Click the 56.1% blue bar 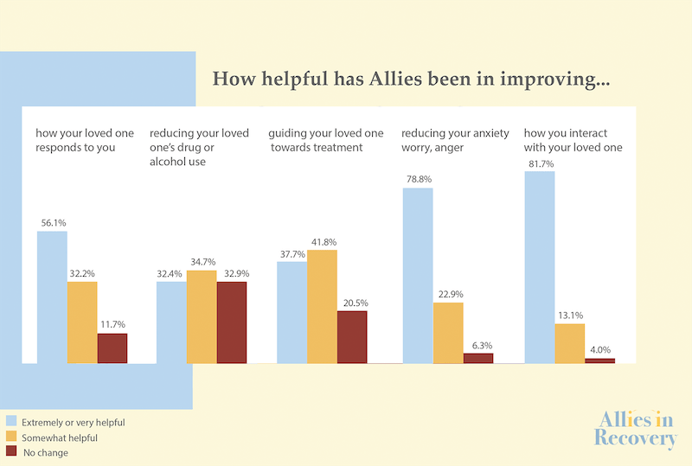point(52,297)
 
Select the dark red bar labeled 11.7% point(112,348)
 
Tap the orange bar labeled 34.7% point(202,316)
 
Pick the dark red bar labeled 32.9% point(232,322)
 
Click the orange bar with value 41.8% point(322,307)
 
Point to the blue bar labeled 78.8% point(418,276)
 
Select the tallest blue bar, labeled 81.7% point(540,267)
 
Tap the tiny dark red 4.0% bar point(600,361)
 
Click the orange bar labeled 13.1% point(570,344)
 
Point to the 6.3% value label point(482,346)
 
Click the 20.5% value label point(356,303)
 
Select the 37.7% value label point(292,254)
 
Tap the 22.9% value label point(451,294)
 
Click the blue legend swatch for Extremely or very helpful point(11,420)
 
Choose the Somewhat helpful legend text point(60,437)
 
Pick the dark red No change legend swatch point(11,451)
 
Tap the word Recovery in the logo point(636,438)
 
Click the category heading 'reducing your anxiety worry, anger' point(455,140)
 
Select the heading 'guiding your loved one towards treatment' point(326,140)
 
